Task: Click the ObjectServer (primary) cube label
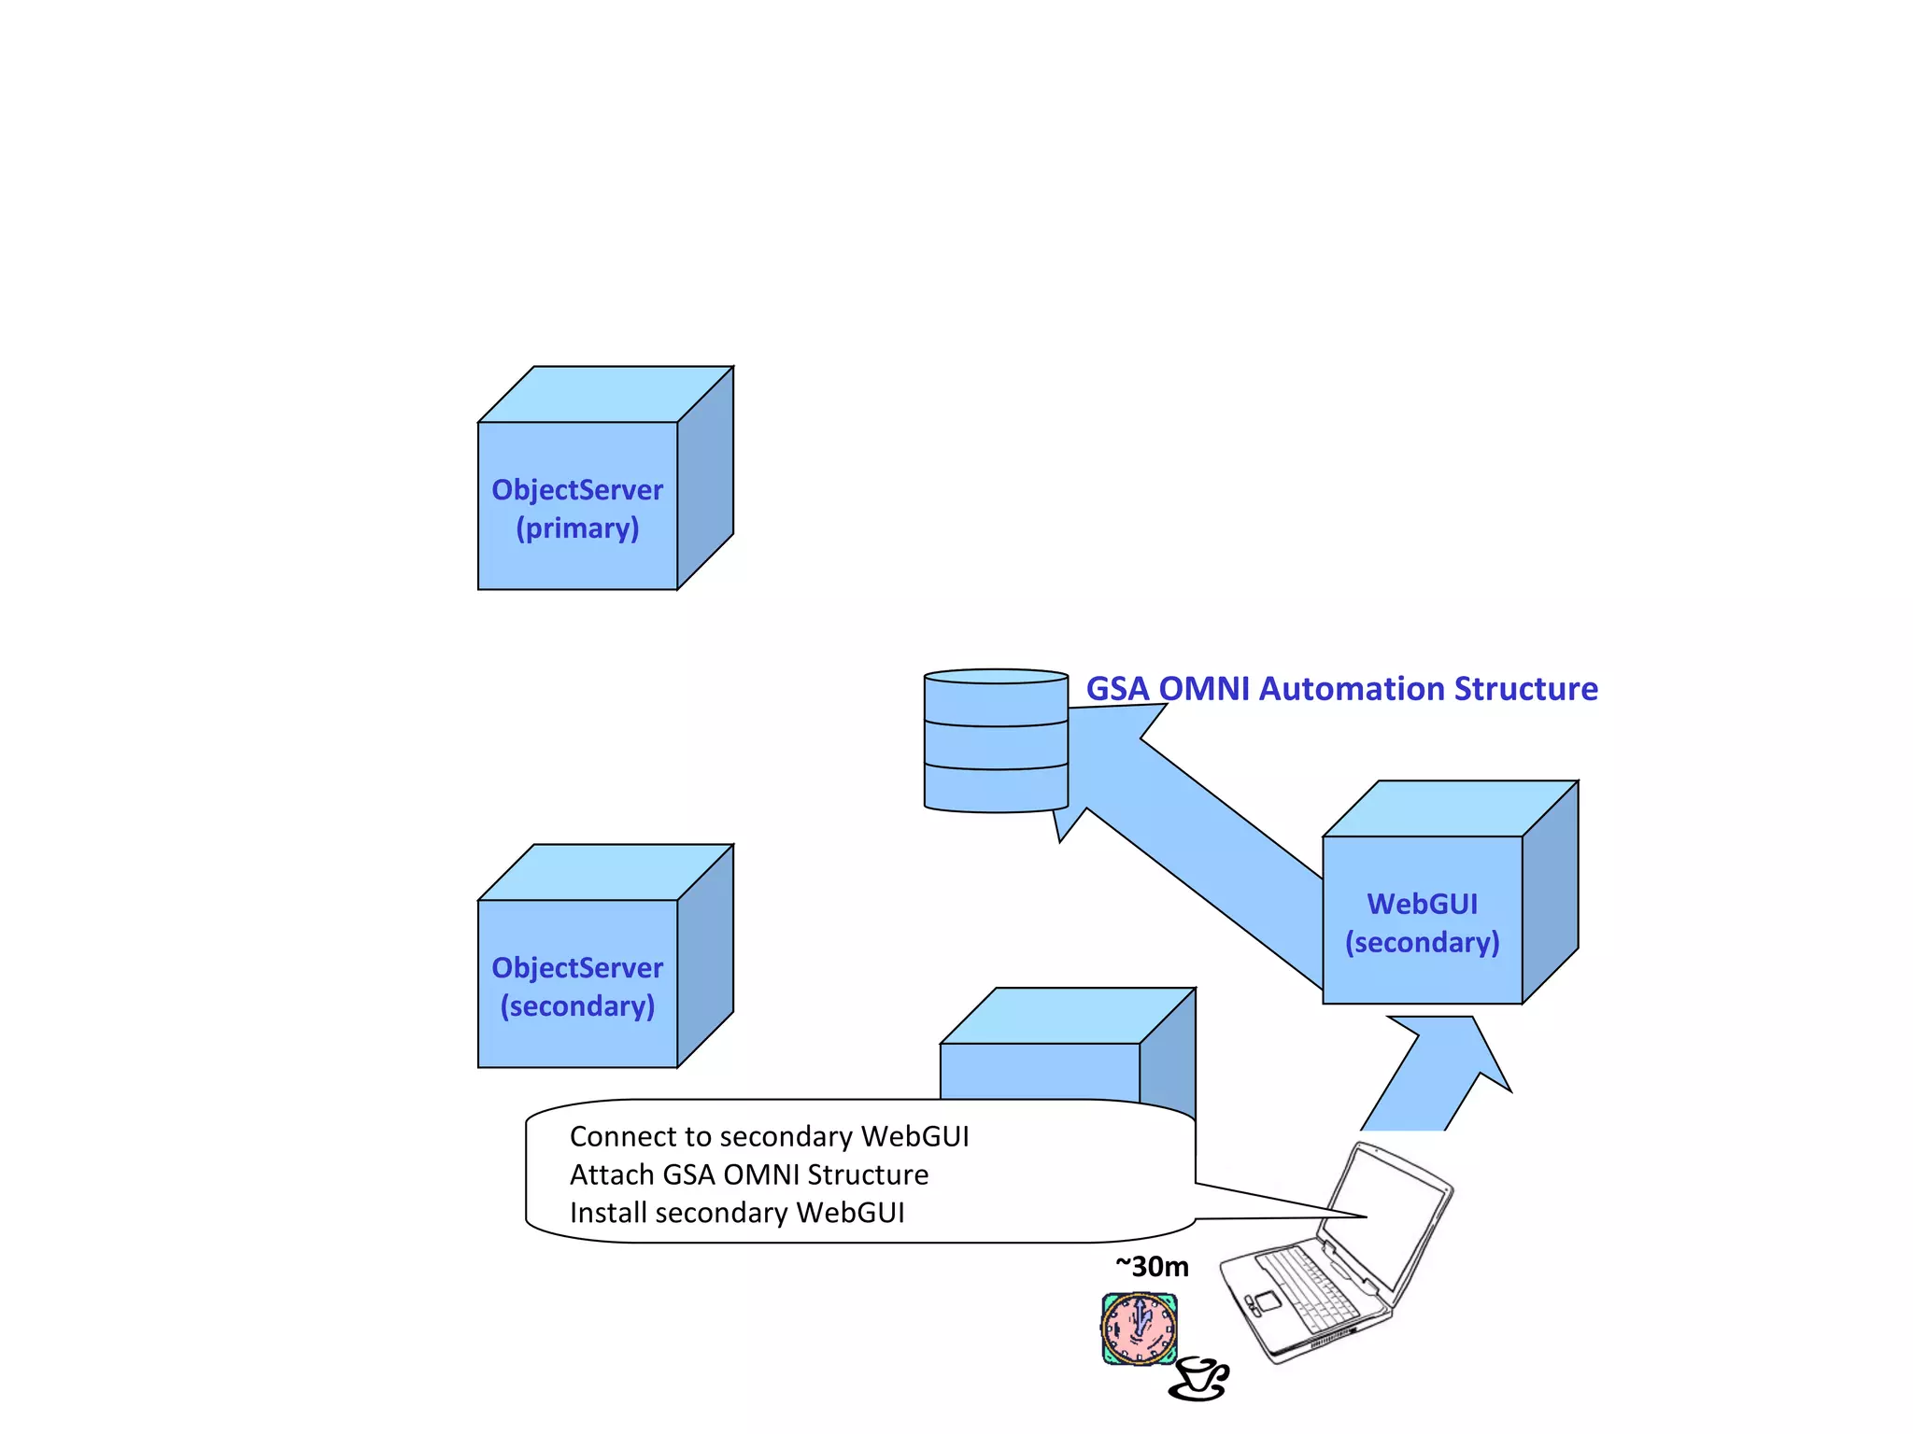(x=577, y=508)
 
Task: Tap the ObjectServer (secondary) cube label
(x=577, y=986)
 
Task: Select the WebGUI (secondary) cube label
(x=1422, y=922)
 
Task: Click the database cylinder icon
(x=996, y=741)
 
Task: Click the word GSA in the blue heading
(x=1117, y=689)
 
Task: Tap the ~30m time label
(x=1152, y=1267)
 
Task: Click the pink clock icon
(x=1139, y=1328)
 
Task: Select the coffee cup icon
(x=1198, y=1380)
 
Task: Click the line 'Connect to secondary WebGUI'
(x=769, y=1136)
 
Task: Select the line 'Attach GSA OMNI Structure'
(x=749, y=1174)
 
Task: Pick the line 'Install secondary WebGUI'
(x=737, y=1213)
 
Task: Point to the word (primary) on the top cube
(x=577, y=528)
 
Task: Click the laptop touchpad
(x=1268, y=1300)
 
